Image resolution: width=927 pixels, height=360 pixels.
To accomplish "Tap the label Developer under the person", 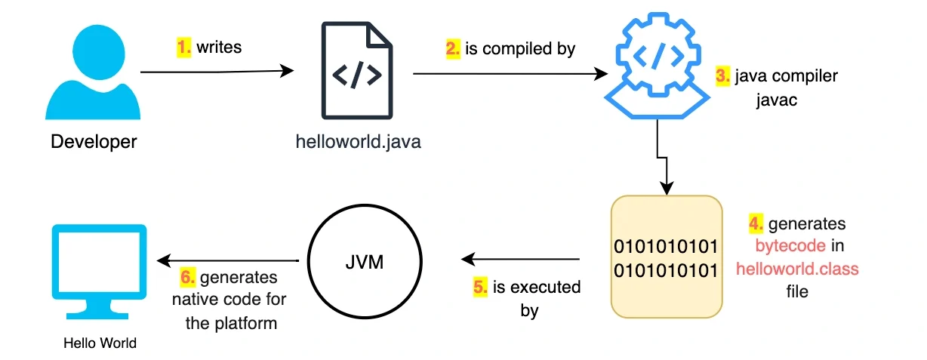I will point(94,141).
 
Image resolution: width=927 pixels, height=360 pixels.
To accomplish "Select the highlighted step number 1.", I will point(184,48).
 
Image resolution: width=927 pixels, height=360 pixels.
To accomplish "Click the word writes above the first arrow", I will point(220,48).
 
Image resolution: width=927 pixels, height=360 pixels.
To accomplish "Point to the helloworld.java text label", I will point(358,141).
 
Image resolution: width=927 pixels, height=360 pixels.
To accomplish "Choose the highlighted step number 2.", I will point(453,49).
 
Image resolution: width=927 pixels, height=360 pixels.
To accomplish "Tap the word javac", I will point(777,100).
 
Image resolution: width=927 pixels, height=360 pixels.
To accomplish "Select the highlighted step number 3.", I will point(722,76).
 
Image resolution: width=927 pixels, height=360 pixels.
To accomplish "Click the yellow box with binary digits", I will point(667,257).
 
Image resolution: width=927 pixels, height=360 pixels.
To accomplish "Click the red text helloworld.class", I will point(797,269).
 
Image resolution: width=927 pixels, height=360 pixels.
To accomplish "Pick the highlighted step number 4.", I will point(756,224).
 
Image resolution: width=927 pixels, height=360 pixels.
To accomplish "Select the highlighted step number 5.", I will point(480,288).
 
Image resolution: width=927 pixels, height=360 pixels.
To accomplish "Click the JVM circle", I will point(360,263).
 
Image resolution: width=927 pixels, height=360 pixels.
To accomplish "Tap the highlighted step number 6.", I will point(188,278).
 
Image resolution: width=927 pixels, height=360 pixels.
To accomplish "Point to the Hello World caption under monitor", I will point(100,343).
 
